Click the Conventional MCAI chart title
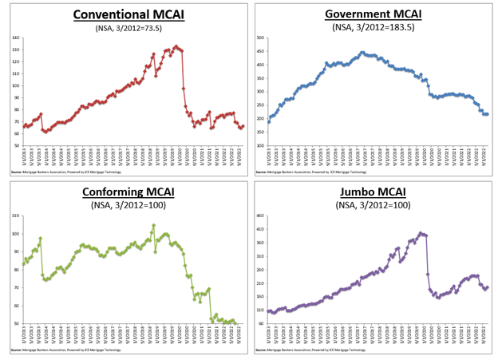point(124,15)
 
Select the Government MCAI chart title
point(373,14)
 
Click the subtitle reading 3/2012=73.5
point(124,29)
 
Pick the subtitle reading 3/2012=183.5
point(373,28)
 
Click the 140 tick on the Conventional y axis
point(15,38)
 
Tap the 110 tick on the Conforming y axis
point(16,216)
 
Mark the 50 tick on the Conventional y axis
point(16,145)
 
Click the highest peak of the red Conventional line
point(176,46)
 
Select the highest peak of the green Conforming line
point(152,226)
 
